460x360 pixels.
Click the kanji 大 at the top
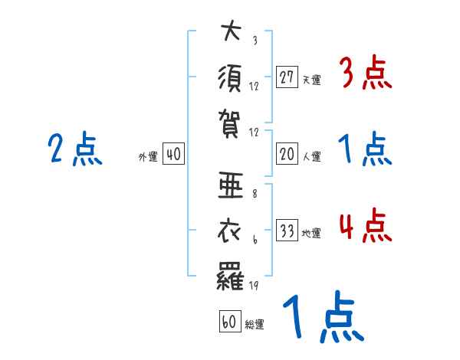pos(231,34)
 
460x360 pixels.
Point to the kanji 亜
pos(231,187)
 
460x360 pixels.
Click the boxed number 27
pos(287,77)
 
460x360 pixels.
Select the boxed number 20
pos(287,154)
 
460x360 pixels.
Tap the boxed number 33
pos(287,231)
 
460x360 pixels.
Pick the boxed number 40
pos(173,154)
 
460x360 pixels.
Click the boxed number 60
pos(228,322)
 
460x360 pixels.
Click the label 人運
pos(311,156)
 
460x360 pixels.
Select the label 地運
pos(311,233)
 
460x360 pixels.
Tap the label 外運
pos(148,156)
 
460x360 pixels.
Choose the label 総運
pos(254,324)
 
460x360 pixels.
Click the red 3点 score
pos(365,75)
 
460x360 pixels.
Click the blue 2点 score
pos(74,149)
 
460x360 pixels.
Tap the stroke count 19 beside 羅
pos(255,287)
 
